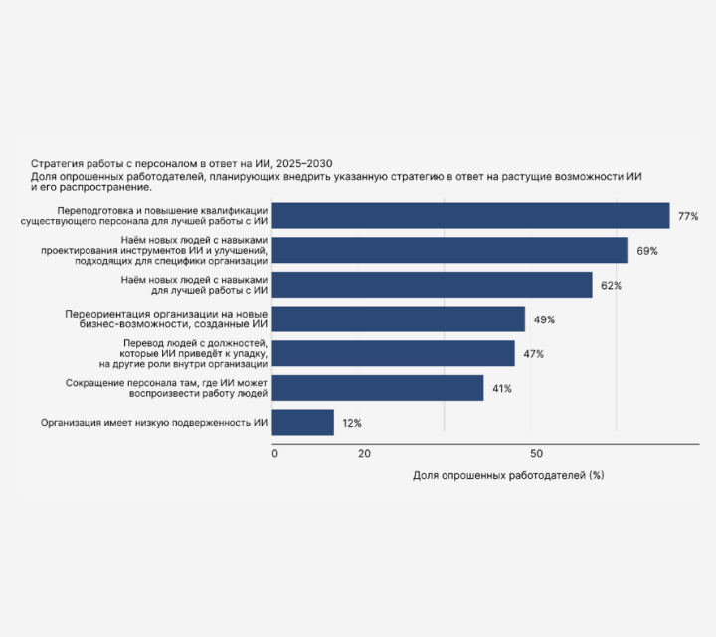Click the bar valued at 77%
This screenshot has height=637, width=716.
[x=470, y=216]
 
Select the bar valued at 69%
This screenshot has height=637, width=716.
[x=449, y=250]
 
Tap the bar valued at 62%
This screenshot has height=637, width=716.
[x=432, y=285]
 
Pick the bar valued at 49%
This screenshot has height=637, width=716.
[x=398, y=319]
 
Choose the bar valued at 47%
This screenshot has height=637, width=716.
[x=393, y=353]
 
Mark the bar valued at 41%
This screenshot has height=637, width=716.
[x=378, y=388]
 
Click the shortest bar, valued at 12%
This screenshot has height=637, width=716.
[x=303, y=422]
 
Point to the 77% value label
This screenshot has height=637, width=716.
[x=688, y=216]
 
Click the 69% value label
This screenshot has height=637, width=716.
[x=647, y=251]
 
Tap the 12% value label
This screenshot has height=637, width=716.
[x=352, y=423]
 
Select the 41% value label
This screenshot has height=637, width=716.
[x=501, y=388]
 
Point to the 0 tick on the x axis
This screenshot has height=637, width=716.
[x=275, y=454]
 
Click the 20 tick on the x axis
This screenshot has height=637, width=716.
[x=364, y=454]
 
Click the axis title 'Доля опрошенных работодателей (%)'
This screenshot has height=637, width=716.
[x=508, y=475]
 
